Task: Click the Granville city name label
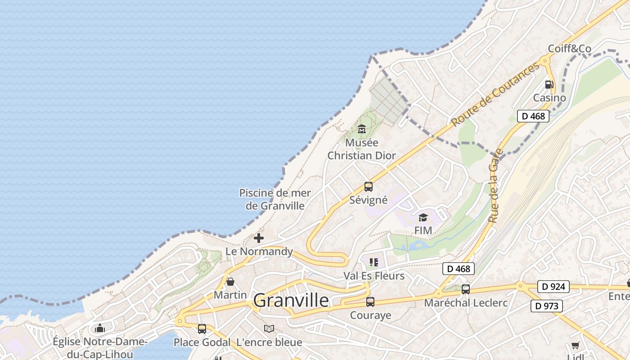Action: click(x=291, y=300)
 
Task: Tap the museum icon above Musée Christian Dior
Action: click(x=361, y=130)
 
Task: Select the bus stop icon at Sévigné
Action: click(x=368, y=186)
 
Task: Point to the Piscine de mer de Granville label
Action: click(x=274, y=199)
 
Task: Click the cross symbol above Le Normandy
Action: click(x=259, y=238)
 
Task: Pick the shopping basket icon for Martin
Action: click(x=230, y=282)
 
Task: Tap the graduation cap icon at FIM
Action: click(x=423, y=218)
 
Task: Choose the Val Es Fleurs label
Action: click(x=374, y=275)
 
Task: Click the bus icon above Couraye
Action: click(x=370, y=301)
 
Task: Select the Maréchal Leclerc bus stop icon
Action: click(x=466, y=289)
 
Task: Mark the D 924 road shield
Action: click(x=553, y=287)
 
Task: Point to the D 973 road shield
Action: click(x=547, y=306)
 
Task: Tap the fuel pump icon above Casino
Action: click(x=549, y=85)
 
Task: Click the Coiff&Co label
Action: click(x=569, y=49)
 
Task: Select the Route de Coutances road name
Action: click(x=495, y=94)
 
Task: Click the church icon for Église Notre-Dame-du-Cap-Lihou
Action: click(x=100, y=328)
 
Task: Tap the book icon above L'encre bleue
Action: click(x=269, y=329)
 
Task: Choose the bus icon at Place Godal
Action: click(x=202, y=329)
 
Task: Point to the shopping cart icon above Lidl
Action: click(x=575, y=345)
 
